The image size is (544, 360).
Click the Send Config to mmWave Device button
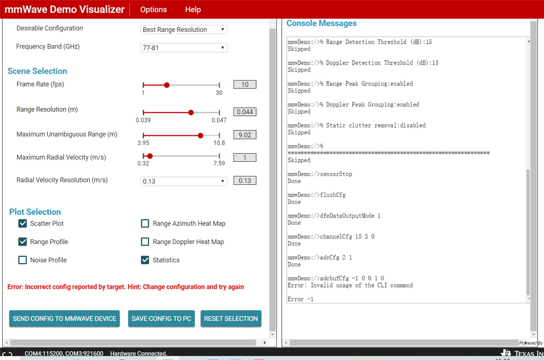(x=65, y=318)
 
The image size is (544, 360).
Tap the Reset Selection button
(x=231, y=318)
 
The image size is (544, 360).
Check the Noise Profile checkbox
(x=23, y=260)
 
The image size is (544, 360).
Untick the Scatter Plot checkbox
(x=23, y=223)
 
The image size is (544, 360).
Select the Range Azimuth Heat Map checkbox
(x=145, y=223)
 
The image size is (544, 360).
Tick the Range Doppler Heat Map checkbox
(x=145, y=242)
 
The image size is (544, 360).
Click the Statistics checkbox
(x=145, y=260)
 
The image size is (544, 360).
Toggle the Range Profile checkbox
(x=23, y=242)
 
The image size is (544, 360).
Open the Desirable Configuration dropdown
(x=184, y=29)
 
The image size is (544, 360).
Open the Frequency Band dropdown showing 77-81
(x=184, y=48)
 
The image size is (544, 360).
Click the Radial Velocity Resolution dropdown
(x=184, y=181)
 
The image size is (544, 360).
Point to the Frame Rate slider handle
(x=167, y=85)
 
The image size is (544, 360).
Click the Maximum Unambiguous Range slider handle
(x=200, y=135)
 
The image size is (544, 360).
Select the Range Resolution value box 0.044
(x=245, y=112)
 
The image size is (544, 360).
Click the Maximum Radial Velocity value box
(x=245, y=157)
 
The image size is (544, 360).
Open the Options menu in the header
(x=153, y=9)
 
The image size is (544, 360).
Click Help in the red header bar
(x=193, y=9)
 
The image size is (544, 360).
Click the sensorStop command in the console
(x=336, y=174)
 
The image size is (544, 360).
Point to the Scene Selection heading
(x=37, y=71)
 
